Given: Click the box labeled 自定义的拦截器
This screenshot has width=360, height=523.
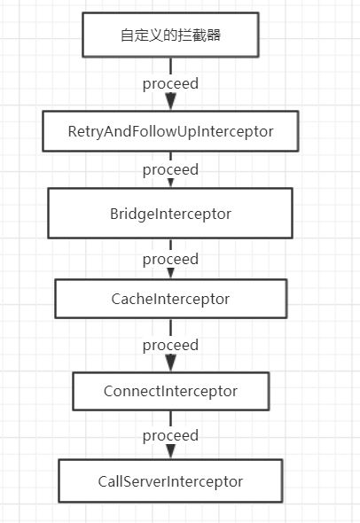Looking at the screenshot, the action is coord(170,35).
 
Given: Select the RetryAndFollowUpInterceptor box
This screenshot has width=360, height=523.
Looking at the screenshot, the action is coord(170,131).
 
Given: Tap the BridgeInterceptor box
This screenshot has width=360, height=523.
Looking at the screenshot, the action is coord(170,213).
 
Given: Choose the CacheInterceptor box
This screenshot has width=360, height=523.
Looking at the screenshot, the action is coord(170,299).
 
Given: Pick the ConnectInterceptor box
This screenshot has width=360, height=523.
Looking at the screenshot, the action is coord(170,391).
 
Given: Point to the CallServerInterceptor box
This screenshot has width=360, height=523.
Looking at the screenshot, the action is coord(170,481).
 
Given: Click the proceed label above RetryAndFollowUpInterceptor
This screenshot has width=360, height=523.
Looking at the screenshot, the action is coord(170,84).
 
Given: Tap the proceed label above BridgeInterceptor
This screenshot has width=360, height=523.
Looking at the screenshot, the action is coord(170,170).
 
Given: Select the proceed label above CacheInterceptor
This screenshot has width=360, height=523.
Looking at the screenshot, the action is coord(170,260).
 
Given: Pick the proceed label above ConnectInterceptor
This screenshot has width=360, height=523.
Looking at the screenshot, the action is coord(170,346).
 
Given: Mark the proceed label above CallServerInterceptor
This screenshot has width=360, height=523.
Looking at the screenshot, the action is coord(170,436).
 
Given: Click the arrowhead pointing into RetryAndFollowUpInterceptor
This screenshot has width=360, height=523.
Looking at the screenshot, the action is coord(170,101).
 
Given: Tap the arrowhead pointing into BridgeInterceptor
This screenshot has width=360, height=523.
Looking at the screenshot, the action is coord(170,183).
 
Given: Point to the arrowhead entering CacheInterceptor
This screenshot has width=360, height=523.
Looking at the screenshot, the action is coord(170,274).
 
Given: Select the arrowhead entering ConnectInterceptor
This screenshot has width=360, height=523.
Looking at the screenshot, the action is coord(170,363).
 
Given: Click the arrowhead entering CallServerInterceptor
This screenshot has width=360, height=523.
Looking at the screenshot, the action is coord(170,451).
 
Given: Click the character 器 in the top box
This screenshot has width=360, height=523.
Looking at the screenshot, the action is coord(213,35).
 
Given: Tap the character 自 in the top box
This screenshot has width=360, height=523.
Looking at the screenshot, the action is coord(128,35).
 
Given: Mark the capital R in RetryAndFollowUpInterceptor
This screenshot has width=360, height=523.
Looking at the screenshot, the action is coord(72,131).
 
